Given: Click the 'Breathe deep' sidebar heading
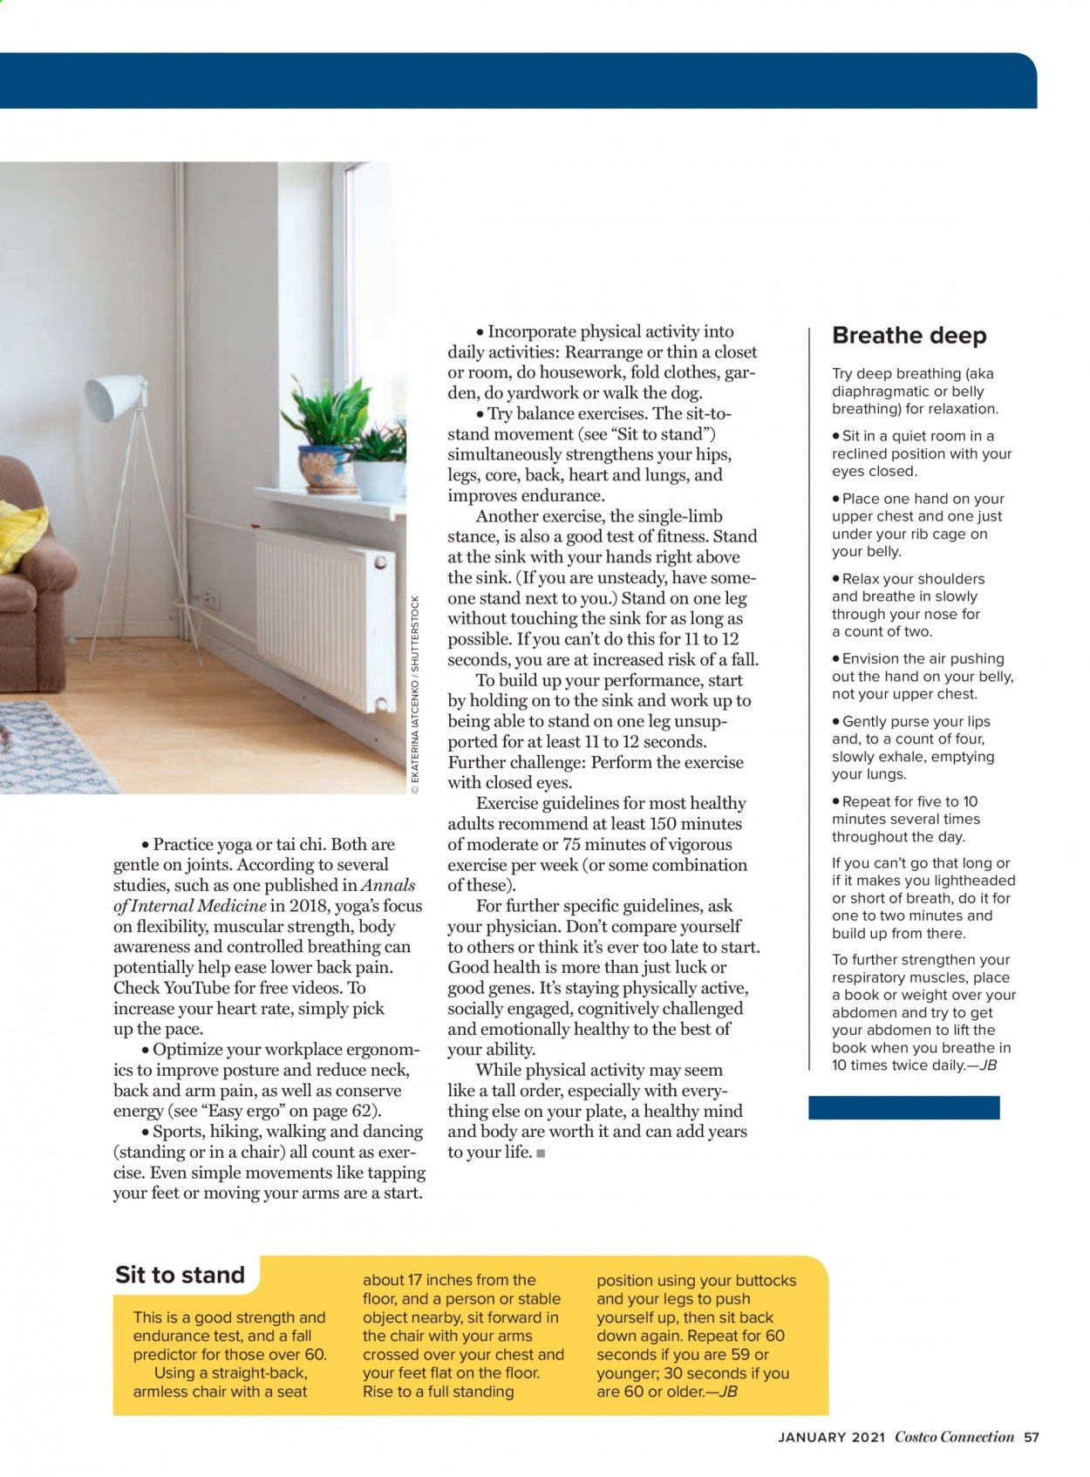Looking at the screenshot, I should tap(909, 336).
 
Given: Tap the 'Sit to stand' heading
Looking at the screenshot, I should tap(180, 1275).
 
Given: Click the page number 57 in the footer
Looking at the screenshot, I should tap(1032, 1437).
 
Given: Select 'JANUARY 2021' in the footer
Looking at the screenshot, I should tap(831, 1437).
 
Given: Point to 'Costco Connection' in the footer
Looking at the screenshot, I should tap(954, 1437).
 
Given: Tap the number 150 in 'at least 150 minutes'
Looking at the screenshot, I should tap(658, 824).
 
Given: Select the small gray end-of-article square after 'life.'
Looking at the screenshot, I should tap(541, 1154).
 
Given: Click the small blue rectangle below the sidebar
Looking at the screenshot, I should tap(903, 1107).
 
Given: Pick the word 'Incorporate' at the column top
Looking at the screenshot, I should tap(531, 331).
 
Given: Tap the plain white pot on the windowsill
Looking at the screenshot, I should tap(378, 479).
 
